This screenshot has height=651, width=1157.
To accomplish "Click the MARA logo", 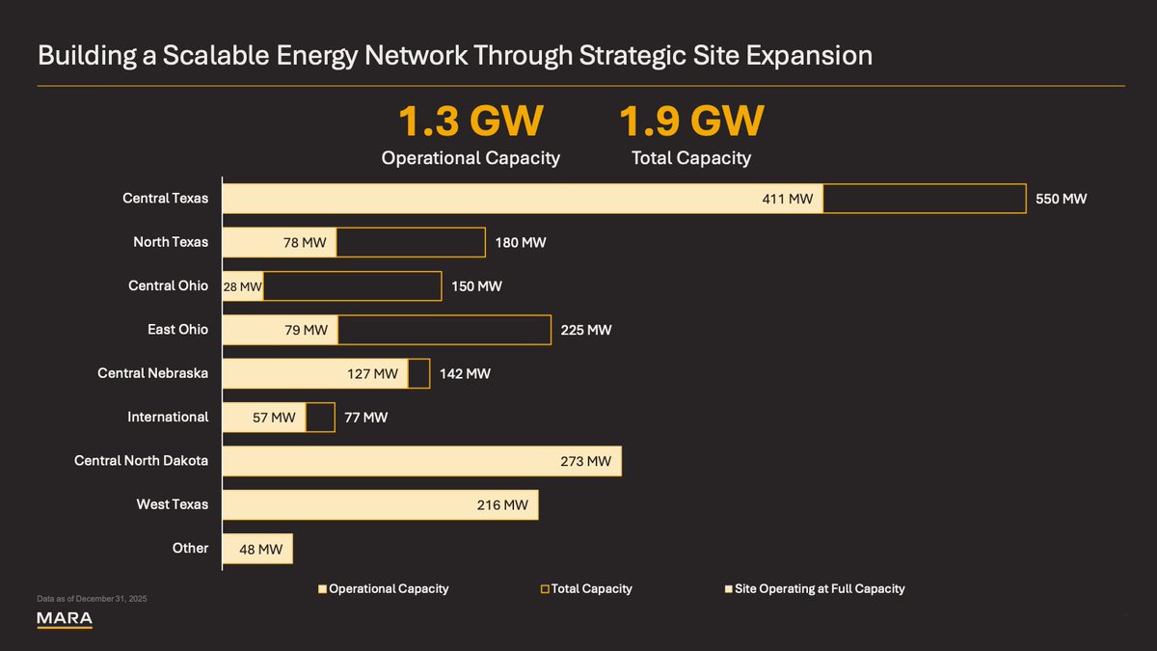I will click(x=65, y=618).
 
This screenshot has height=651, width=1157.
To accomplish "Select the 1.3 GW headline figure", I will click(x=471, y=122).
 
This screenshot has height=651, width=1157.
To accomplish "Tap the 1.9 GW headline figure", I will click(x=691, y=122).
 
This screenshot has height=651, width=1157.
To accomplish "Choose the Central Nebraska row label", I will click(x=152, y=373).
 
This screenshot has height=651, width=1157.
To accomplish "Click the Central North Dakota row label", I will click(x=141, y=461).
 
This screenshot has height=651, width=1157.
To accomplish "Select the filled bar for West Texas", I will click(x=380, y=504).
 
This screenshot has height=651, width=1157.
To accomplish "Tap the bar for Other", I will click(x=257, y=549).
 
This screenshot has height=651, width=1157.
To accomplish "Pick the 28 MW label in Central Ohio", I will click(x=242, y=286).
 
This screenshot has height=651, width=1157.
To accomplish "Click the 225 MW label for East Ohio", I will click(x=586, y=330).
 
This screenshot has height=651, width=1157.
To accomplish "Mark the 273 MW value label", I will click(x=585, y=461).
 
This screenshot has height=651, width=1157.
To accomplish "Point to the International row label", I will click(x=168, y=417).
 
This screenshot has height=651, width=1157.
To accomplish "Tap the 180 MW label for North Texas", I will click(x=521, y=242).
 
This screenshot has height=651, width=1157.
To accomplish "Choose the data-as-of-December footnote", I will click(x=92, y=600).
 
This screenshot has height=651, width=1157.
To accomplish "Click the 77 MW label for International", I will click(x=366, y=418).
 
